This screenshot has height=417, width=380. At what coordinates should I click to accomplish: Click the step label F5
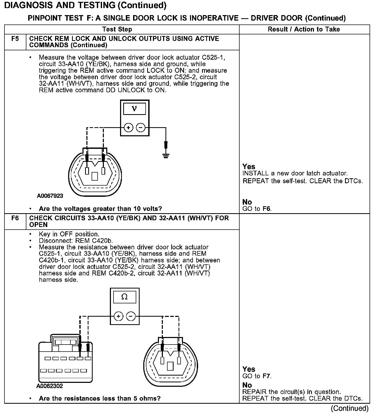[x=15, y=39]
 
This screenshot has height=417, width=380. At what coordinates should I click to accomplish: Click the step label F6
[x=15, y=218]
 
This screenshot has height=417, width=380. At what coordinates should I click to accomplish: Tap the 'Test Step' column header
[x=117, y=29]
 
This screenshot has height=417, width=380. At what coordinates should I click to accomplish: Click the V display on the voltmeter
[x=134, y=108]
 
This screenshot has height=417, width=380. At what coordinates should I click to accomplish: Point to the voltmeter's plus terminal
[x=128, y=128]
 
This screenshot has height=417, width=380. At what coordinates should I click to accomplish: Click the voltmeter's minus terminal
[x=141, y=128]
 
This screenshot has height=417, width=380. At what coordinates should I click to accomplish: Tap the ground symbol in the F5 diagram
[x=166, y=156]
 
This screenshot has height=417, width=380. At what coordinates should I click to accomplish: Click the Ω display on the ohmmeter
[x=124, y=297]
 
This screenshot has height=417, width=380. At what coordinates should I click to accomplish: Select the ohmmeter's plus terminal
[x=118, y=316]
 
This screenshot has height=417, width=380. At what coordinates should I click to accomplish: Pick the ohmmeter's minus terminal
[x=131, y=316]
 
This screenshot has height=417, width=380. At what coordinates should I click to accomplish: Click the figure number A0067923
[x=50, y=196]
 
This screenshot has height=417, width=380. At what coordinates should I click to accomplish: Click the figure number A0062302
[x=50, y=386]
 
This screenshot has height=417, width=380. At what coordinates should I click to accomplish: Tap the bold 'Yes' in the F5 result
[x=249, y=167]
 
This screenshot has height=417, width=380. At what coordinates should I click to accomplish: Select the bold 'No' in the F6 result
[x=247, y=385]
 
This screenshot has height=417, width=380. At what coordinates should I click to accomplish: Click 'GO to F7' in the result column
[x=257, y=376]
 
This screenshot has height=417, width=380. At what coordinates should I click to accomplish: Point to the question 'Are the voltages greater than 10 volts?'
[x=100, y=209]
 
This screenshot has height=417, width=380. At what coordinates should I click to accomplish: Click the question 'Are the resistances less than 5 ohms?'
[x=99, y=398]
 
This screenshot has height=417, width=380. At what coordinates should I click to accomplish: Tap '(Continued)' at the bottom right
[x=350, y=408]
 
